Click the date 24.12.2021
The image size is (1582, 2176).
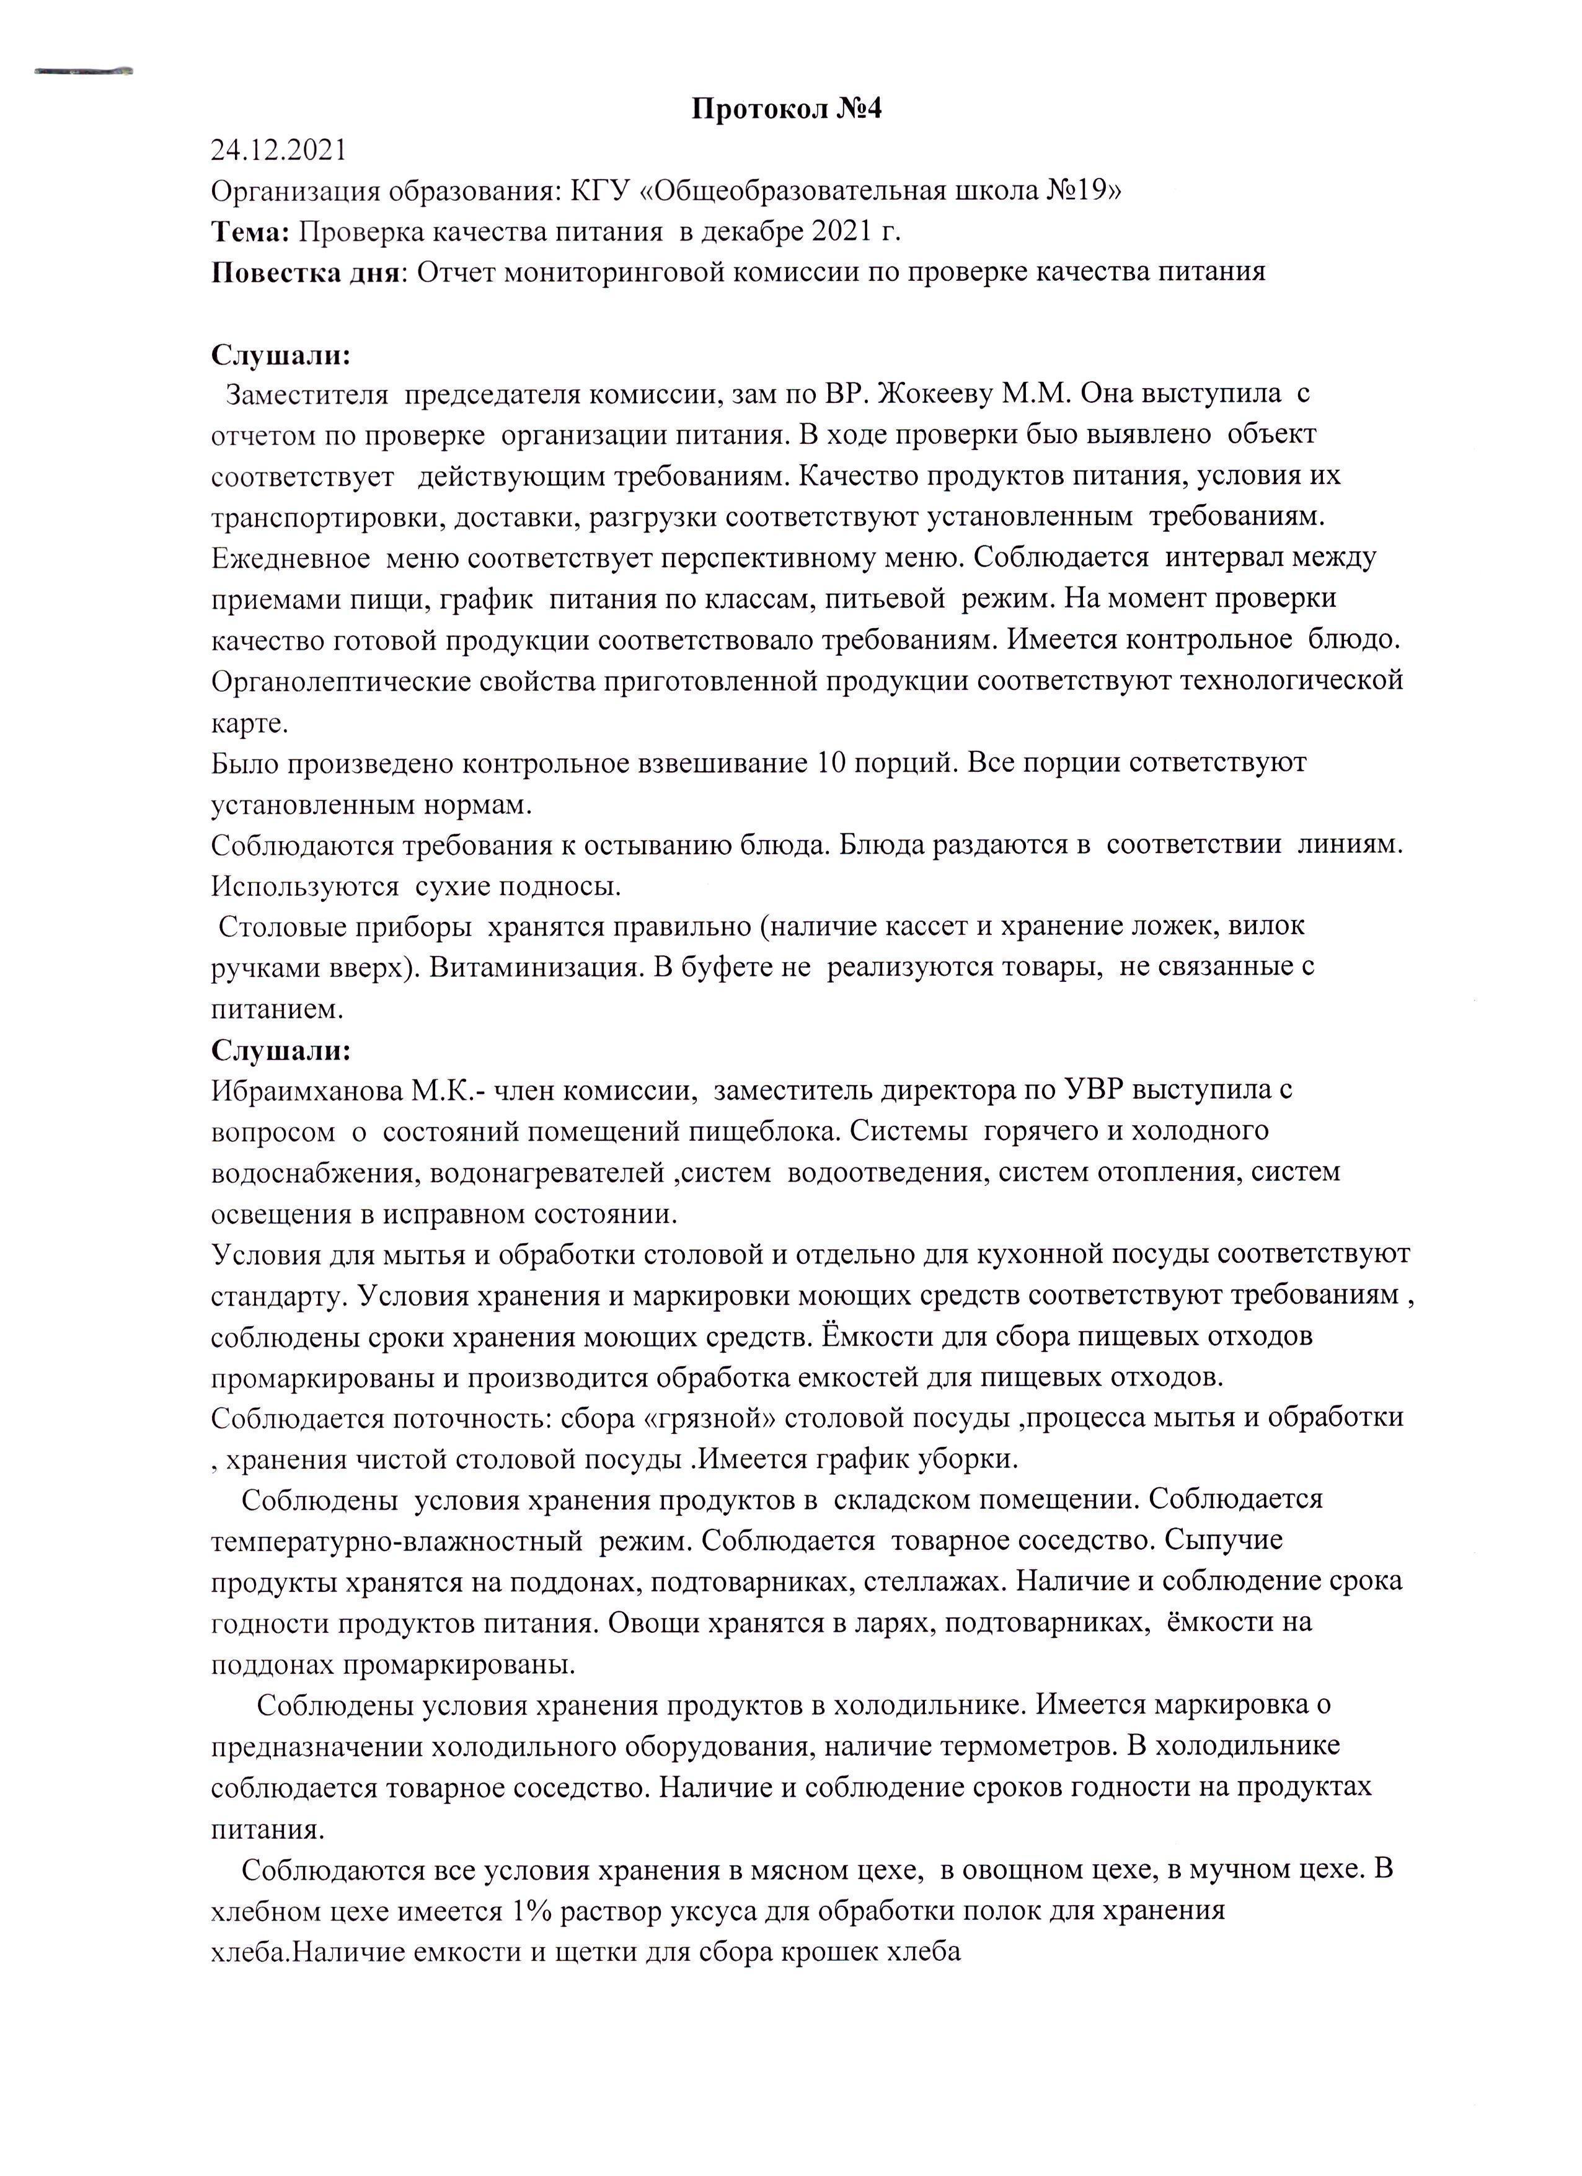click(x=278, y=151)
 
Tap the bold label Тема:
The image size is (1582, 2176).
click(x=250, y=231)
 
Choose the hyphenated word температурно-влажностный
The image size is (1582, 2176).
click(x=397, y=1541)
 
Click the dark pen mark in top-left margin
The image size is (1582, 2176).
click(x=84, y=71)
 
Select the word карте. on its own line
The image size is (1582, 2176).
click(x=249, y=722)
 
